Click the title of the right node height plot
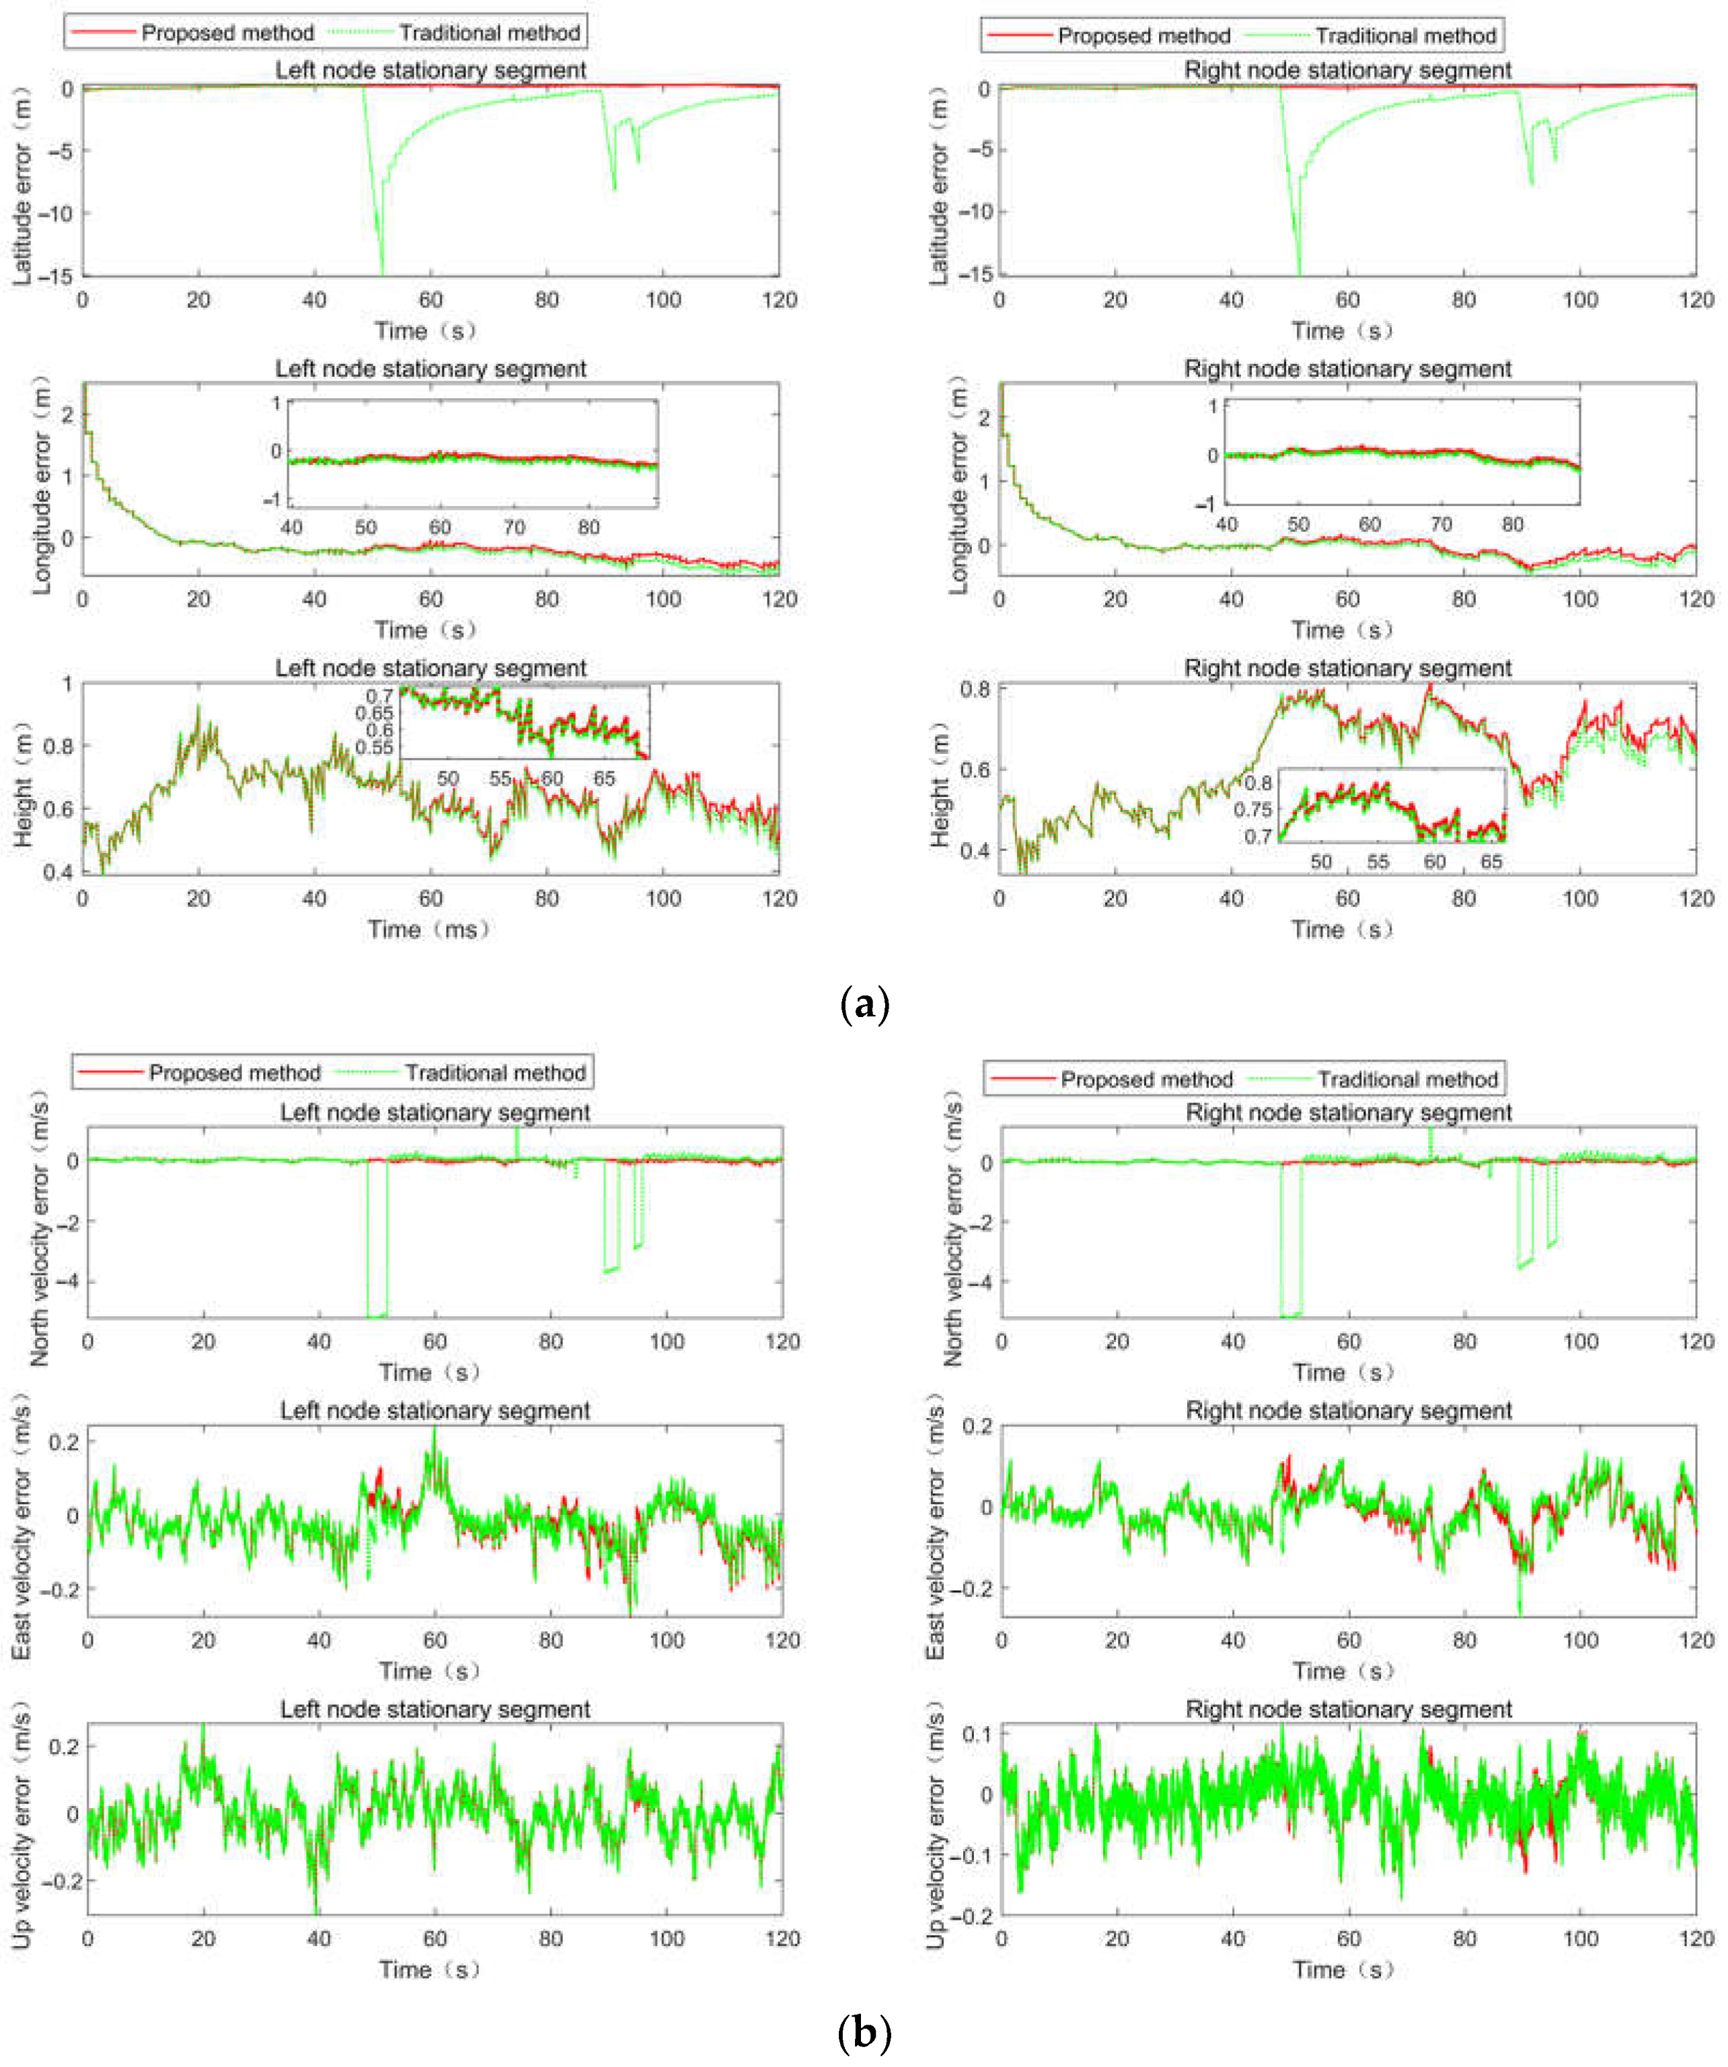tap(1347, 669)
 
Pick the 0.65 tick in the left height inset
tap(375, 712)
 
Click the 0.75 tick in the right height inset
tap(1252, 809)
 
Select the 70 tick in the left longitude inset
tap(514, 527)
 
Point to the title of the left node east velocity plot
tap(435, 1411)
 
